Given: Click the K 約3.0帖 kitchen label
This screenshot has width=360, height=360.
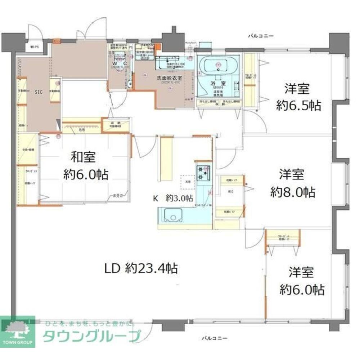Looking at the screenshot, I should [x=174, y=198].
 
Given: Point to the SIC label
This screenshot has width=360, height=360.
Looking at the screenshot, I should [x=39, y=92].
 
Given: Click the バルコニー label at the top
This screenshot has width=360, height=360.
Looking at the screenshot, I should [x=261, y=36].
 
